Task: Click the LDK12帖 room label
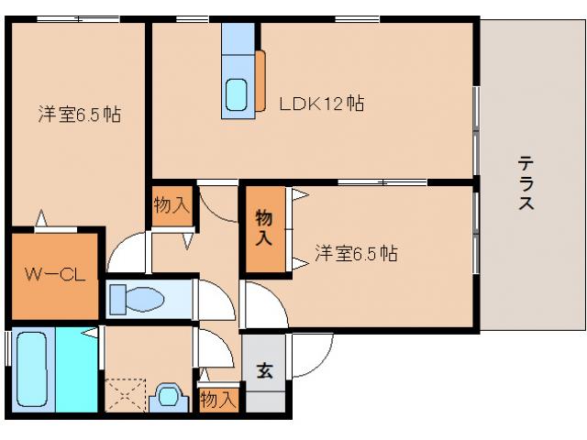[322, 104]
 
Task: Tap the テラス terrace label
[526, 182]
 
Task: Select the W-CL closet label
[55, 275]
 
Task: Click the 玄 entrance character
[265, 369]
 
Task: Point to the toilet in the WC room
[138, 300]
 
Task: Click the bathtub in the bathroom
[32, 369]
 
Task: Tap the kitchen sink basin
[237, 94]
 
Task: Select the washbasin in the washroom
[169, 397]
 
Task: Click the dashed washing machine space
[126, 395]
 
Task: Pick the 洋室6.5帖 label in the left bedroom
[80, 115]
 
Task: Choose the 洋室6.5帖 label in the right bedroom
[356, 253]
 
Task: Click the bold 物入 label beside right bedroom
[264, 228]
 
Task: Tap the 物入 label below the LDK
[172, 205]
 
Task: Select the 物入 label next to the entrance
[218, 400]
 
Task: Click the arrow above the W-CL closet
[41, 218]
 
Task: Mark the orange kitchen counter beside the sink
[260, 82]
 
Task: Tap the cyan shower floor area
[77, 369]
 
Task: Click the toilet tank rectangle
[118, 300]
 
